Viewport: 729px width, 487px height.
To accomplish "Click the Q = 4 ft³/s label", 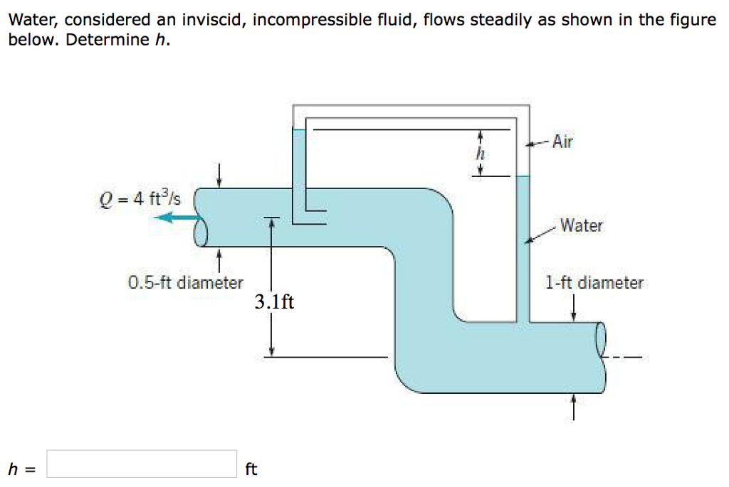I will (x=140, y=199).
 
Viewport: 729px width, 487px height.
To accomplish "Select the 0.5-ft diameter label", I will (x=186, y=282).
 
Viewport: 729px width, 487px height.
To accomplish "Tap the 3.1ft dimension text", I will (x=274, y=302).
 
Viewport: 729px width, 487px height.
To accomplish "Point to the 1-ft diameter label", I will (x=594, y=282).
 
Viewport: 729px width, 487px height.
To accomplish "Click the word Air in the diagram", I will (x=562, y=141).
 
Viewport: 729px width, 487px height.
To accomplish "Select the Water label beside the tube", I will (x=581, y=226).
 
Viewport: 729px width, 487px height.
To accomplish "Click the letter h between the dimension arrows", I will (x=481, y=154).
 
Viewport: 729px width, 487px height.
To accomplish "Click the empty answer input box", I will (x=142, y=464).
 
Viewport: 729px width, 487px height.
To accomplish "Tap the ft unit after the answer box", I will (x=251, y=469).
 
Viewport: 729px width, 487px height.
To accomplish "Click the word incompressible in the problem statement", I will (x=310, y=20).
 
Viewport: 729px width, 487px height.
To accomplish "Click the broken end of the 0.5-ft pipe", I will (x=200, y=217).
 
